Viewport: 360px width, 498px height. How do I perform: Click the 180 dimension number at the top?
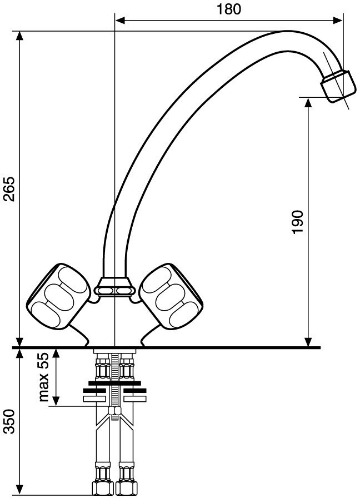[228, 9]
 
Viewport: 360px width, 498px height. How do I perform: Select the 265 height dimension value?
[9, 189]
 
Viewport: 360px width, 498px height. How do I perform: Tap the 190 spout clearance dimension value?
[297, 222]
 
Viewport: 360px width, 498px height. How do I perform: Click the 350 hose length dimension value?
[9, 422]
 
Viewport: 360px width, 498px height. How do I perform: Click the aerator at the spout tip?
[337, 85]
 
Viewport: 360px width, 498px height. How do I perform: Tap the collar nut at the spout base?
[114, 287]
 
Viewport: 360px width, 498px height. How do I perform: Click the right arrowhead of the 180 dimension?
[337, 21]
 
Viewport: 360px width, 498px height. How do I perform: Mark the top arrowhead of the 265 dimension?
[19, 36]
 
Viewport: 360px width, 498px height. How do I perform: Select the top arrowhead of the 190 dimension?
[308, 103]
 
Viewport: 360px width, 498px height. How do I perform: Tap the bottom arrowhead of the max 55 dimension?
[56, 401]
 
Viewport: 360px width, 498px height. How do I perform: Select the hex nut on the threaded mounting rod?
[114, 411]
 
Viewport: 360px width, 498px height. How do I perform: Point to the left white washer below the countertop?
[94, 399]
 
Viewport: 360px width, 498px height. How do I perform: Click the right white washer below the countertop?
[134, 399]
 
